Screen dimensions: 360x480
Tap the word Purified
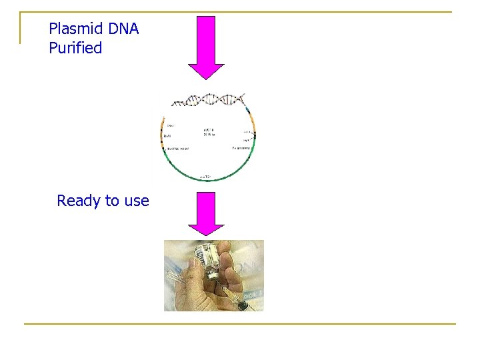click(x=75, y=48)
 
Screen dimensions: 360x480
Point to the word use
click(x=136, y=201)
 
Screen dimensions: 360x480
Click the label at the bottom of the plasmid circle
click(x=207, y=177)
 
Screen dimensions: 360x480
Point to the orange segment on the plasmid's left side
click(x=163, y=136)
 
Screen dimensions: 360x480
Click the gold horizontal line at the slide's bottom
click(x=240, y=324)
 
